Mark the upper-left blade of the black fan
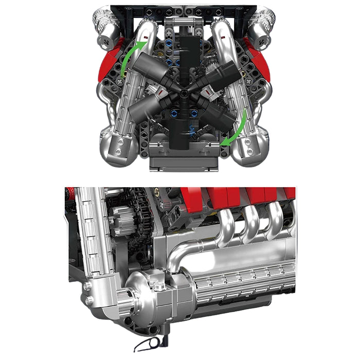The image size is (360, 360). tap(149, 67)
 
